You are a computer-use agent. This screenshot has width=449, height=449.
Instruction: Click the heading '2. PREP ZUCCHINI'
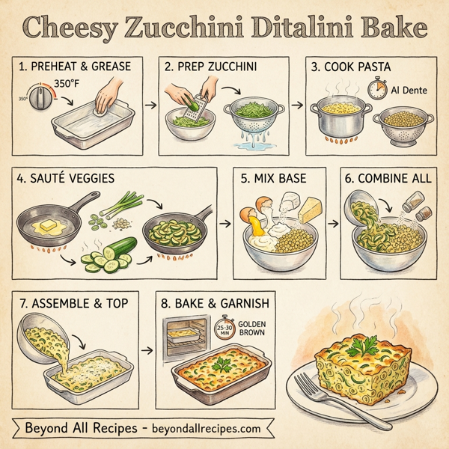point(211,67)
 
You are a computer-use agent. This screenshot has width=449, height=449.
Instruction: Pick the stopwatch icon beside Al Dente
point(377,90)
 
